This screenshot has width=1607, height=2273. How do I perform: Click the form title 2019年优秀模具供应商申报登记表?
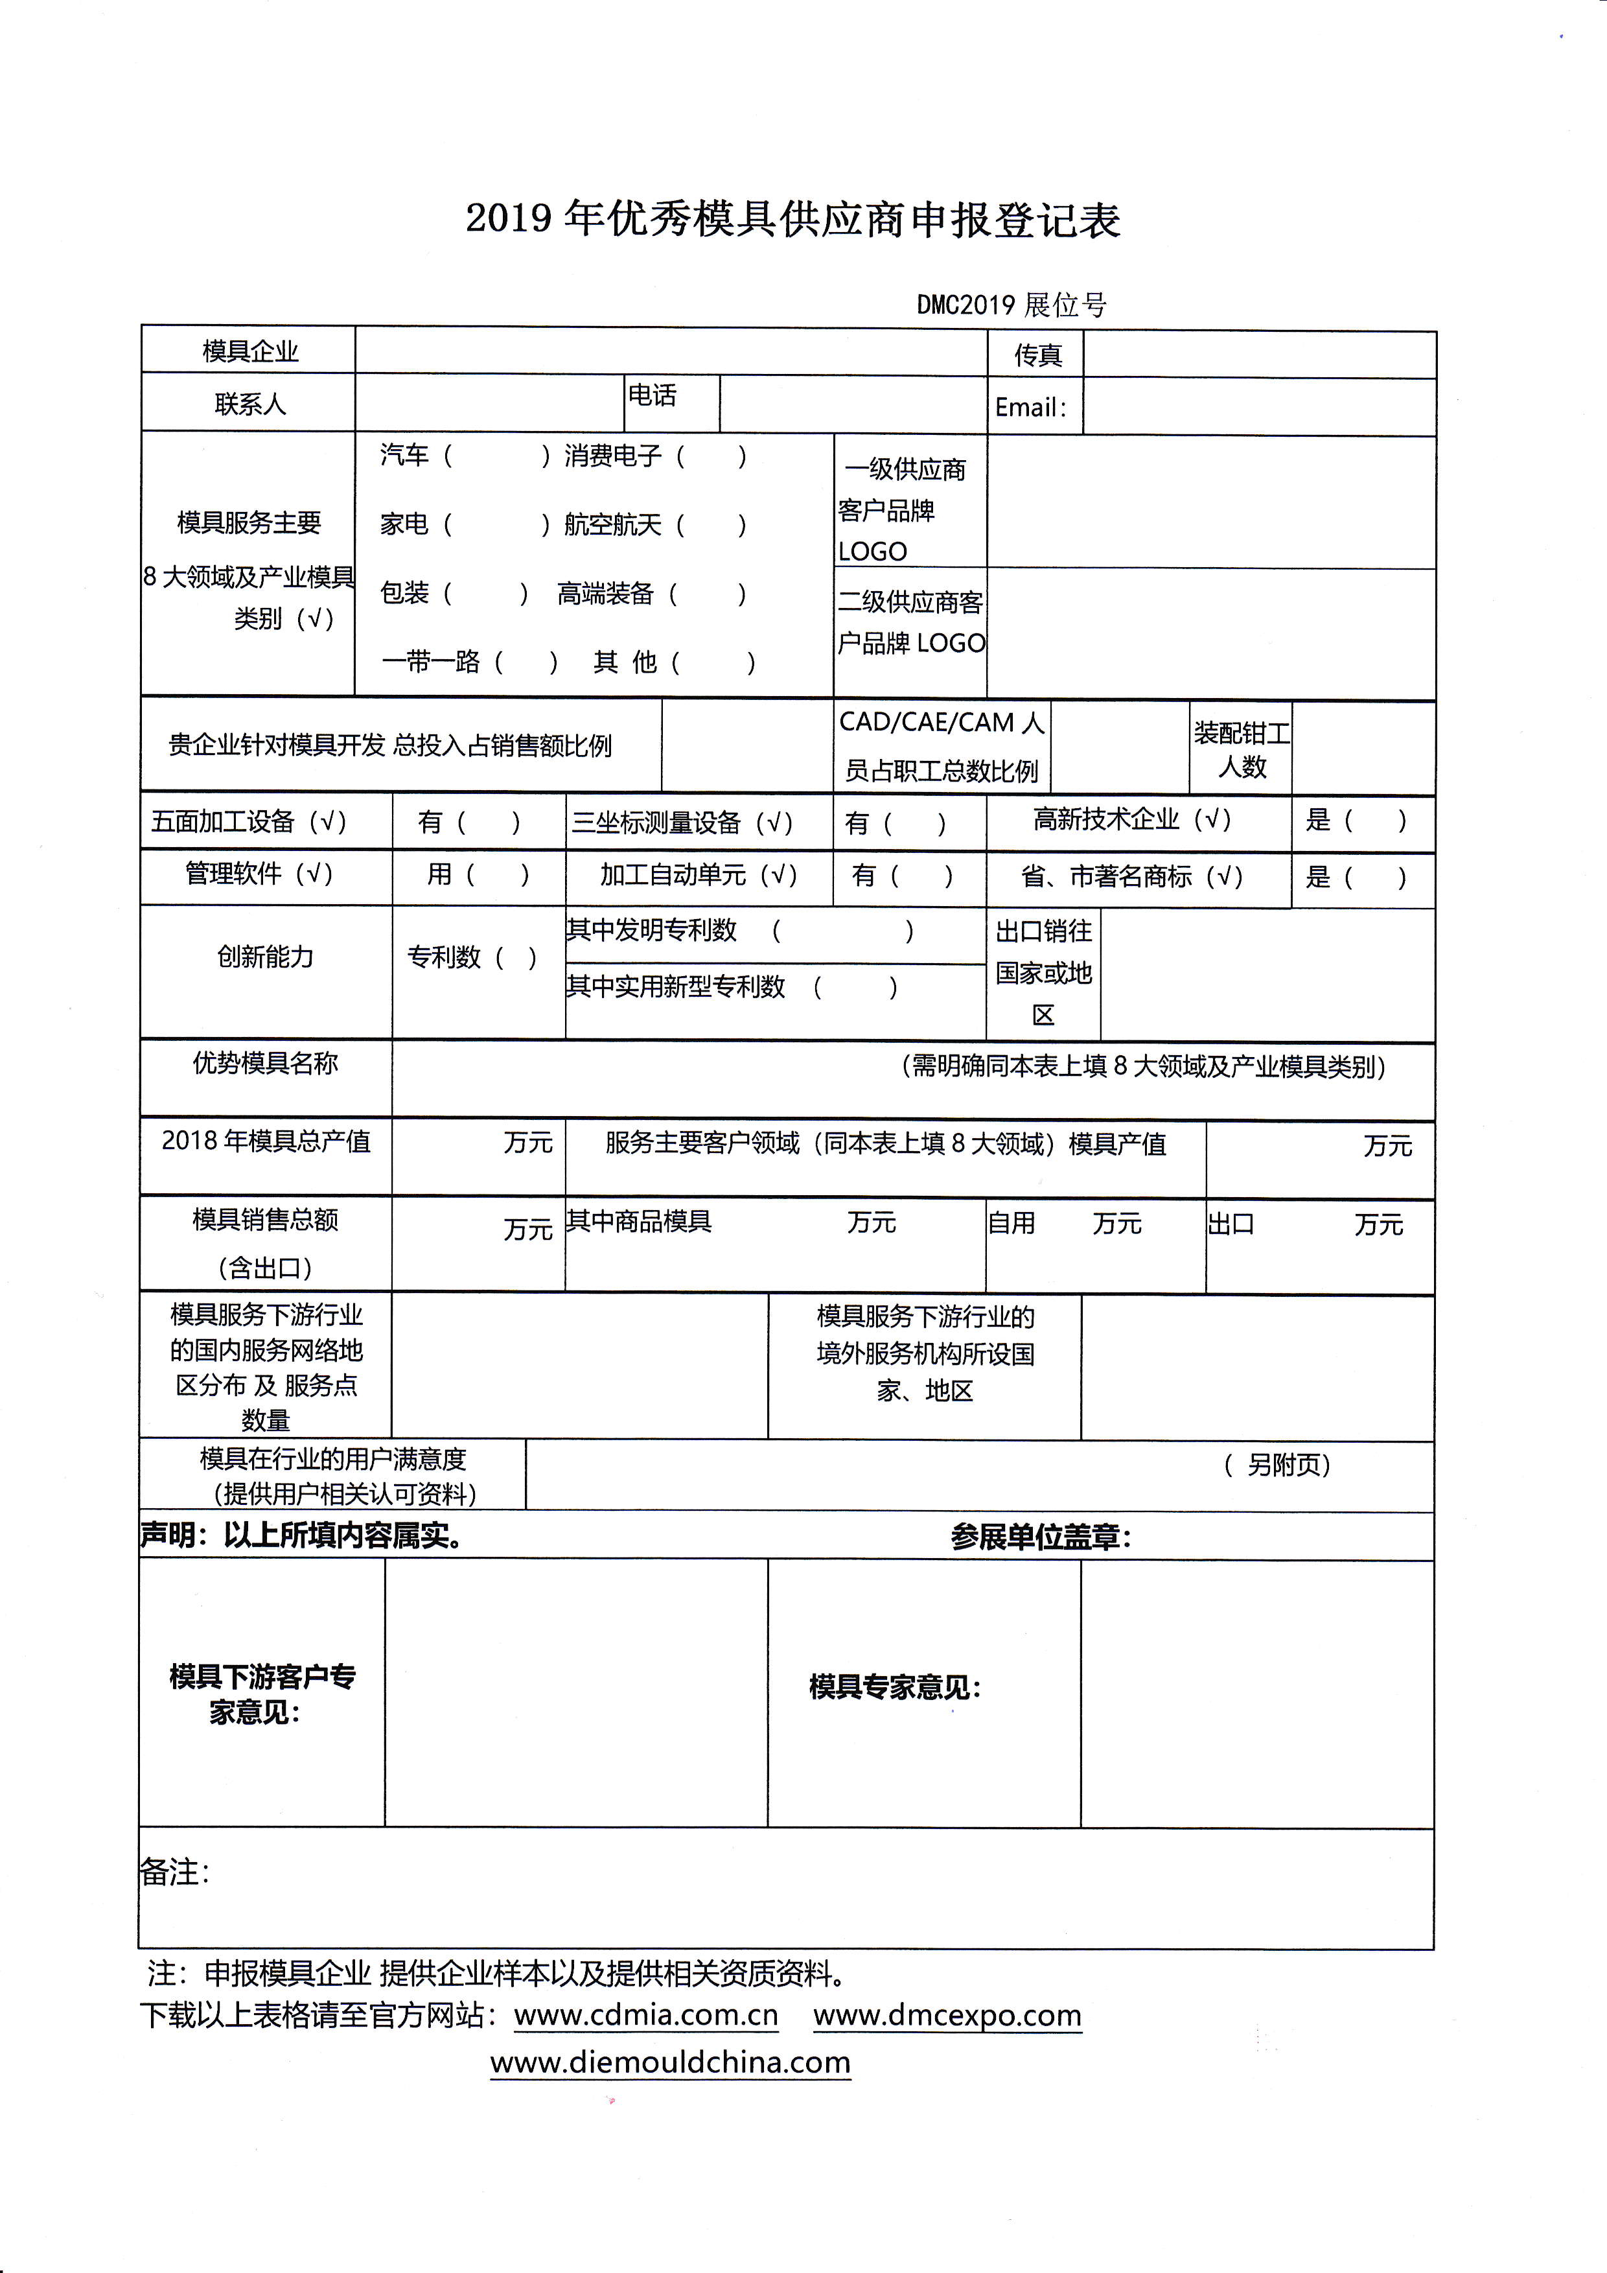[792, 220]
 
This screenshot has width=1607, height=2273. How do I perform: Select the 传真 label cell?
[1037, 355]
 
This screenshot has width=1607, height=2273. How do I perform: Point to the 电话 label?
[653, 396]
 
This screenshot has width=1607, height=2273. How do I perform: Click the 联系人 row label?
[249, 404]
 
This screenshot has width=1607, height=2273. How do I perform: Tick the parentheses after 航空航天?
[710, 525]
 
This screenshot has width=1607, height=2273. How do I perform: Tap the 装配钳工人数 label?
[1241, 749]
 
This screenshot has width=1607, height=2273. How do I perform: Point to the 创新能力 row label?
[265, 957]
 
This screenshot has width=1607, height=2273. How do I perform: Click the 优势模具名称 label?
[265, 1063]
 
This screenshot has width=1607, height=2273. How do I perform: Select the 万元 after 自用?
[1116, 1224]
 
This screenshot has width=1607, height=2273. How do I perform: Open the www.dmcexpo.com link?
[947, 2016]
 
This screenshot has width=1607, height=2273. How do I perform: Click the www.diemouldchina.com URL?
[670, 2062]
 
